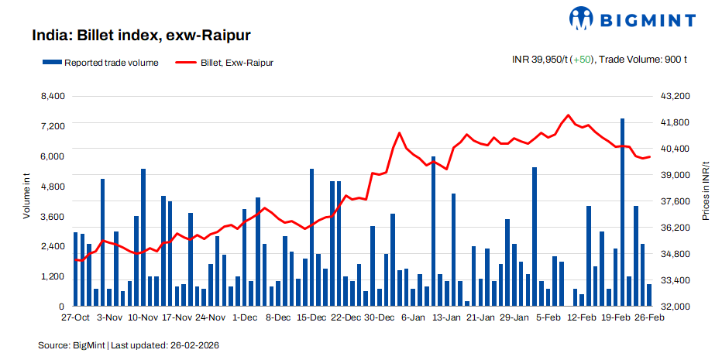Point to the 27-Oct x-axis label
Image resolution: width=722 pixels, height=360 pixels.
pos(76,317)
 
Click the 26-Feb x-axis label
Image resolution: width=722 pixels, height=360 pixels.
pos(649,317)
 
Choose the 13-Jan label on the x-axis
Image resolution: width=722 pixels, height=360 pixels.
pos(446,317)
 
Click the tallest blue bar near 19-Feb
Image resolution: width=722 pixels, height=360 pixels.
pos(622,213)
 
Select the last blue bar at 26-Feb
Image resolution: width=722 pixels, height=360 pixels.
pos(649,295)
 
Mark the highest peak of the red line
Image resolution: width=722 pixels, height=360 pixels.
pos(569,115)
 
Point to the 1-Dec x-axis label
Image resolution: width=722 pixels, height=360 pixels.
pos(245,317)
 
